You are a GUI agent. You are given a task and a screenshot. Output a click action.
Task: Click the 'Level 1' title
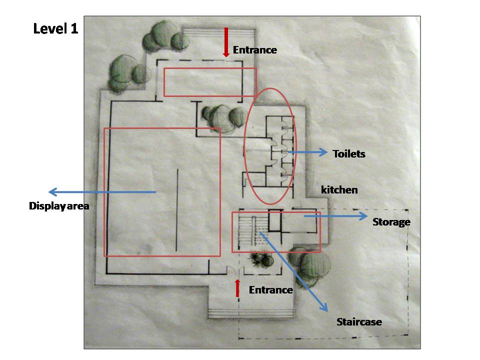point(56,28)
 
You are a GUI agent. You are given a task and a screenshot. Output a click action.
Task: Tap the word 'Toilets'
point(349,154)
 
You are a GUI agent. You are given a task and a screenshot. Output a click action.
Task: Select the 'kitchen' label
point(339,190)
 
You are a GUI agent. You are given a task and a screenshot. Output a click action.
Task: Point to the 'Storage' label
point(391,222)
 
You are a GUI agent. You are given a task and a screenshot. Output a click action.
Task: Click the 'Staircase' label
point(359,322)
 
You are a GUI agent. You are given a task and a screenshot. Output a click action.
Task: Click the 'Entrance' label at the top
point(254,50)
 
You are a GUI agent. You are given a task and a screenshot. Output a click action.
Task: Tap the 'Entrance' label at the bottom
point(270,290)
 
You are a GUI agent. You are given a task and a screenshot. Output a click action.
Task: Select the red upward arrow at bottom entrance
point(237,288)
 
